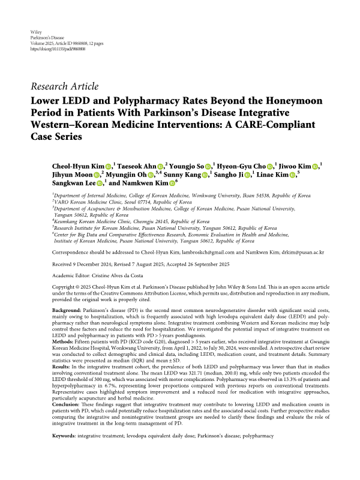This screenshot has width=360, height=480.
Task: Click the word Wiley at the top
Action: tap(35, 30)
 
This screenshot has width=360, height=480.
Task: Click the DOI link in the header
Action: tap(55, 48)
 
